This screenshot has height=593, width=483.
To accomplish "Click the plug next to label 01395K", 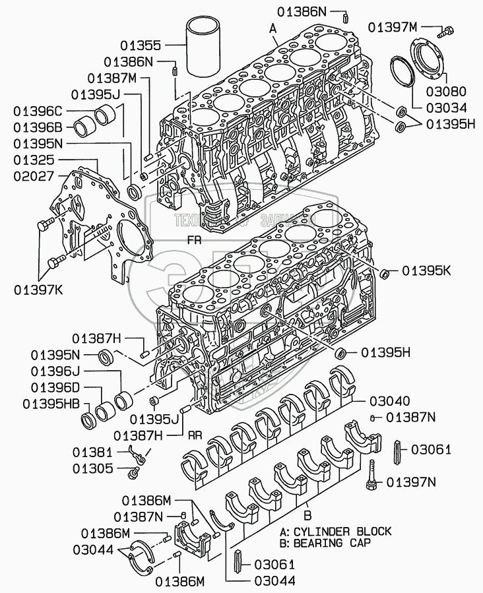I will (387, 272).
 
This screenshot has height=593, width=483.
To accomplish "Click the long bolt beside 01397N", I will (371, 475).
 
